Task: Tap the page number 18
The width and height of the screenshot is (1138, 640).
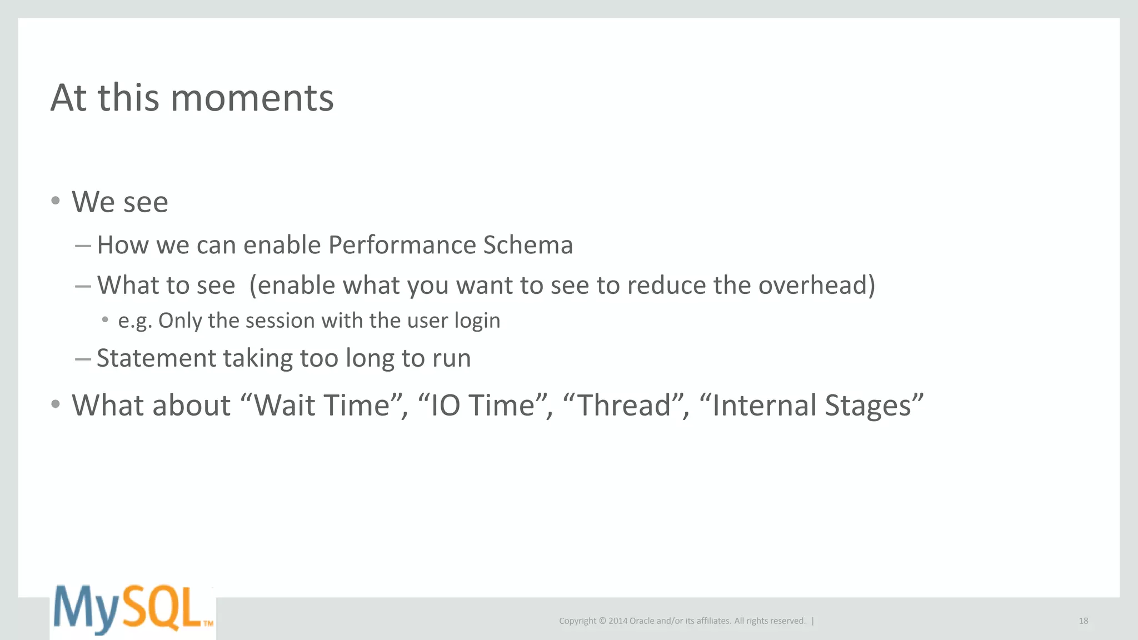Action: (1083, 621)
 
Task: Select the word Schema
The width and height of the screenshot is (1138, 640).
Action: (527, 245)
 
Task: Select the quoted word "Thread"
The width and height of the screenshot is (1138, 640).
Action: (625, 405)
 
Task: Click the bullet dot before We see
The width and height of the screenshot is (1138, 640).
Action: (55, 201)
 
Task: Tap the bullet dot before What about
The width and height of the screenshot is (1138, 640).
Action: (55, 404)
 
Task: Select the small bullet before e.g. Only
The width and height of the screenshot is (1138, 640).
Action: (105, 319)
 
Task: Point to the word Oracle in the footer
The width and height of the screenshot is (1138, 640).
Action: (641, 621)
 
